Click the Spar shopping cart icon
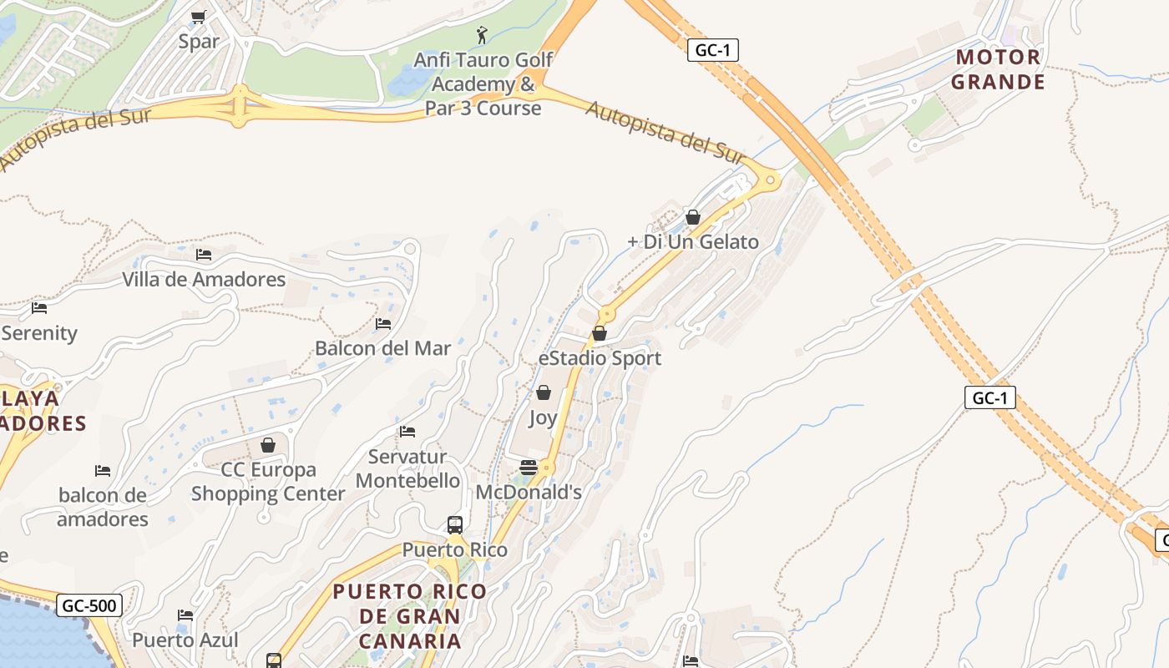click(x=198, y=17)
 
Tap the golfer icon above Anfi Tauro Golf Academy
click(x=482, y=35)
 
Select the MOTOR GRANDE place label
click(x=998, y=69)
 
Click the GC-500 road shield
click(x=90, y=605)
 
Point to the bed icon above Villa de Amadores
click(x=204, y=255)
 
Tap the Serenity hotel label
click(x=39, y=333)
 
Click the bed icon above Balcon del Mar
click(x=383, y=323)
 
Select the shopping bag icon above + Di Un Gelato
click(x=693, y=217)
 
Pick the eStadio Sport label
click(x=600, y=358)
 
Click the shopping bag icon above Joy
click(x=544, y=392)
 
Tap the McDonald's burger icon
click(x=528, y=467)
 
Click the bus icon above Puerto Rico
click(x=455, y=525)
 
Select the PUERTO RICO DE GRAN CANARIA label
click(x=409, y=616)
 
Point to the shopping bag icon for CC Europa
click(x=268, y=445)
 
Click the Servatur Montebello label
click(x=407, y=468)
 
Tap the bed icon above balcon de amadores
click(x=103, y=471)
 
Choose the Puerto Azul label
click(x=185, y=640)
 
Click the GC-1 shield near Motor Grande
click(x=713, y=50)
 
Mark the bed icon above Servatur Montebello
click(x=407, y=432)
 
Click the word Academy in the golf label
click(x=473, y=84)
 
